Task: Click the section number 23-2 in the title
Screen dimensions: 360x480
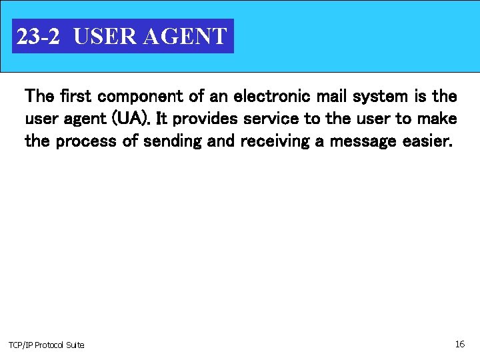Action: click(x=38, y=36)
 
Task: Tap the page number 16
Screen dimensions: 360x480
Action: click(x=459, y=344)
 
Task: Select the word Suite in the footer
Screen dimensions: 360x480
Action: click(x=76, y=345)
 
